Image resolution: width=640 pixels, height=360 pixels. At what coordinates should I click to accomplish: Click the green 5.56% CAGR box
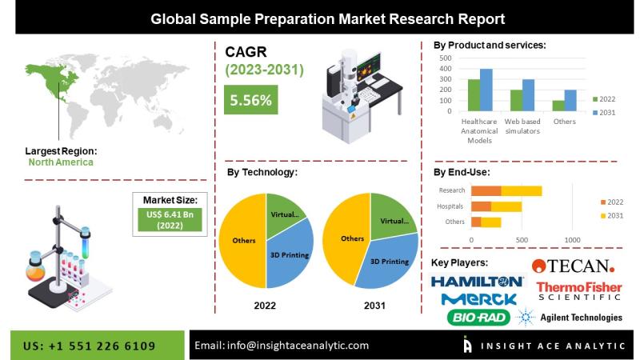[250, 99]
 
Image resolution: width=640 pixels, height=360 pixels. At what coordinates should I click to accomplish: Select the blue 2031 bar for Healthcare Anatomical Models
[486, 90]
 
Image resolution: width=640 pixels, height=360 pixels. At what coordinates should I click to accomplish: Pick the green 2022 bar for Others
[558, 106]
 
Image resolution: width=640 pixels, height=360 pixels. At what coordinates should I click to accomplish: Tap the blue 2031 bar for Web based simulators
[528, 95]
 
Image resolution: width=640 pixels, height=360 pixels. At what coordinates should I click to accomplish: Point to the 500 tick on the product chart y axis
[446, 58]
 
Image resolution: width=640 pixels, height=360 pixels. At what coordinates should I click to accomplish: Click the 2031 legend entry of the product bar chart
[604, 113]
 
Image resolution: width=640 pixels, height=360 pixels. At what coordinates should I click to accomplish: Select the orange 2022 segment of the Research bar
[486, 191]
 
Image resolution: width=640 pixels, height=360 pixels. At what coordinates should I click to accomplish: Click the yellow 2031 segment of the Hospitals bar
[506, 206]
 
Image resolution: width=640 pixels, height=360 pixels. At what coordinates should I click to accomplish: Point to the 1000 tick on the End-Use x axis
[572, 240]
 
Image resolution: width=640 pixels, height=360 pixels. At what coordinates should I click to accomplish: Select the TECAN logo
[573, 266]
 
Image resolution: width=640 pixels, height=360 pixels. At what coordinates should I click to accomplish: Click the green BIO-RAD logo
[478, 317]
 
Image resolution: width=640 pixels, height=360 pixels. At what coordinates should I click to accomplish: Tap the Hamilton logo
[477, 282]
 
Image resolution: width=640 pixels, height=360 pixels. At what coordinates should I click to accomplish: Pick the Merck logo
[478, 299]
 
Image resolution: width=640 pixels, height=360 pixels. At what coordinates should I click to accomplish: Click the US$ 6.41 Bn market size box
[170, 219]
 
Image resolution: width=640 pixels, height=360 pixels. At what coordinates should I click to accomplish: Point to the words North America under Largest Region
[61, 162]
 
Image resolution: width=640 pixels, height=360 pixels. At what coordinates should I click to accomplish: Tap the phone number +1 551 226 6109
[102, 346]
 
